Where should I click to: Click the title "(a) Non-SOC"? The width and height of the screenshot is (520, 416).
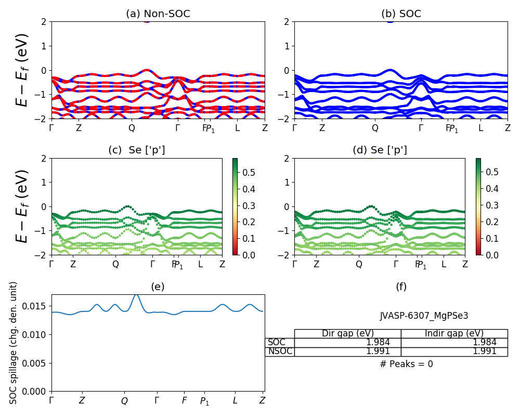point(158,14)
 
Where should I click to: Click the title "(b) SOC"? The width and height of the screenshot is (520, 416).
point(401,14)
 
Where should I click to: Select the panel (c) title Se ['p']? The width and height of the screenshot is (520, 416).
point(137,150)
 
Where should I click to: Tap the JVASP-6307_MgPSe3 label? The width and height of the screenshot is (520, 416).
point(424,316)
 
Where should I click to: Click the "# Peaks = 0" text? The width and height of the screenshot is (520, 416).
point(406,364)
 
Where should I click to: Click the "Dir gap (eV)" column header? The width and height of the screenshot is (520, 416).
point(347,333)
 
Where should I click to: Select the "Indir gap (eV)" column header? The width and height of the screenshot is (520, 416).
point(454,333)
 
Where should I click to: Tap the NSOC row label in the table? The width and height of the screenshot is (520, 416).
point(280,351)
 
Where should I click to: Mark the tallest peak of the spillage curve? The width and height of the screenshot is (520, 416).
point(136,295)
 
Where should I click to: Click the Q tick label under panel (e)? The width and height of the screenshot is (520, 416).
point(124,401)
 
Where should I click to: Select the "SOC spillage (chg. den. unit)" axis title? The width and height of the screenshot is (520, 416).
point(14,343)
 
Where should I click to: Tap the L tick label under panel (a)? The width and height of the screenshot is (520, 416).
point(237,128)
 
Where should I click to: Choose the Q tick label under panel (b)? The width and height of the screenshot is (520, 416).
point(375,128)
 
